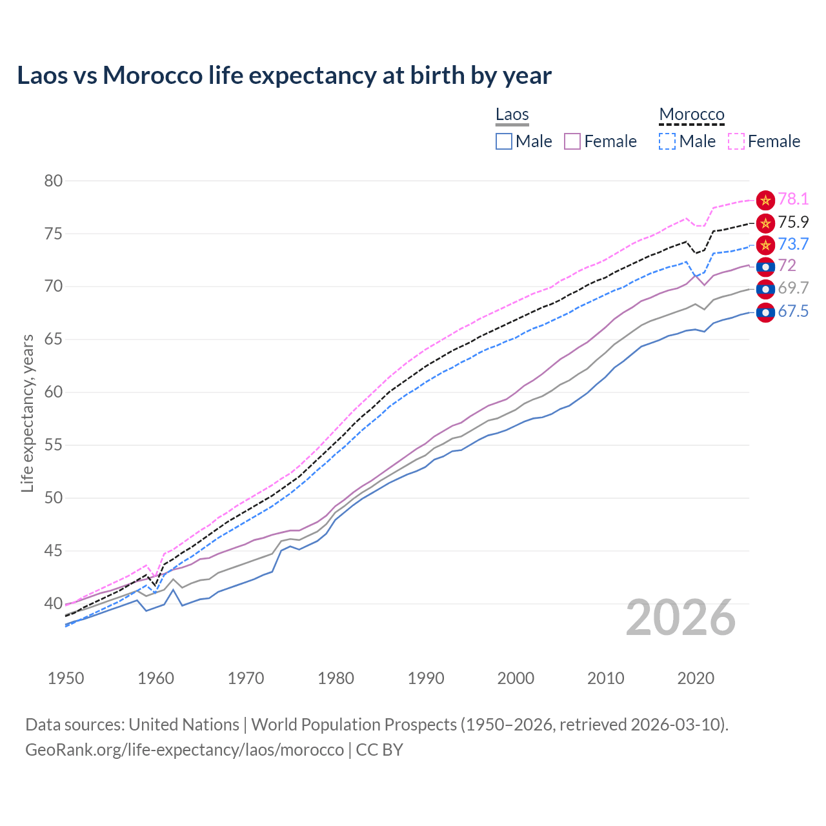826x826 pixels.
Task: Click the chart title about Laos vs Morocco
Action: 284,76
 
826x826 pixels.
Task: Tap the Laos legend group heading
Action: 512,114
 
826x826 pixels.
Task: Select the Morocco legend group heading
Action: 691,114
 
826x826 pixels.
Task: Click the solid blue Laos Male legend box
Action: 504,141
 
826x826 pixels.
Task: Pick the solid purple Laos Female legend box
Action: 572,141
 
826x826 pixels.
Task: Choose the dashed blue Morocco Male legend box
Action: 667,141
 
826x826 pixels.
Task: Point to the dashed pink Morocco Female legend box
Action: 736,141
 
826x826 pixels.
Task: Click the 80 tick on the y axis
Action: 54,181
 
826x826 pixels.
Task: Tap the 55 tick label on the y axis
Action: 54,445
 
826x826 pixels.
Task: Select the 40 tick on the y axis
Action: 54,604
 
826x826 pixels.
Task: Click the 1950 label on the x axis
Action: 66,678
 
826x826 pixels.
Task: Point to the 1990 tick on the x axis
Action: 426,678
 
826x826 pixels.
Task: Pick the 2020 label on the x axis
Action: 696,678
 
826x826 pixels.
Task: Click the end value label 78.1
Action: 793,199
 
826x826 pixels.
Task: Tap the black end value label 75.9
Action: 793,223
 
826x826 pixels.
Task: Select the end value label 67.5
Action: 793,312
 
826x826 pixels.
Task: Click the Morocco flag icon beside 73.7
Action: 765,245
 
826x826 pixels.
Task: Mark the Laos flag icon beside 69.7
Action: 765,289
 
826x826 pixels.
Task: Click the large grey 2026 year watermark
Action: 681,618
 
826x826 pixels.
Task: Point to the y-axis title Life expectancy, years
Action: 28,413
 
